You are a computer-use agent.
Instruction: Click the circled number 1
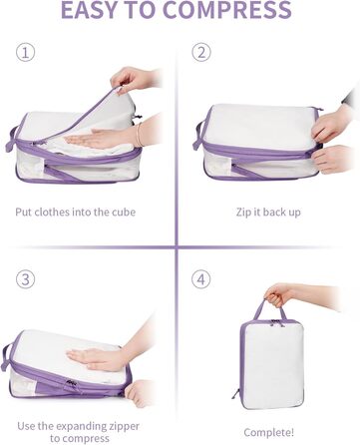click(x=26, y=53)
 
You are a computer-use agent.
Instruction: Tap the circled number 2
click(x=201, y=52)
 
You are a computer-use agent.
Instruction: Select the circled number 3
click(x=26, y=279)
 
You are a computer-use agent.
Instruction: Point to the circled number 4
click(x=201, y=279)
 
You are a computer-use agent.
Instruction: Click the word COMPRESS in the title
click(x=227, y=10)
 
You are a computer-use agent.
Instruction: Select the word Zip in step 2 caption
click(x=243, y=213)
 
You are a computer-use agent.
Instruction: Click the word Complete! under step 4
click(x=268, y=433)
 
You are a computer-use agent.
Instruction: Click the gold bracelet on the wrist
click(x=139, y=135)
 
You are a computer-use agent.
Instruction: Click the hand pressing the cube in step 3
click(x=100, y=359)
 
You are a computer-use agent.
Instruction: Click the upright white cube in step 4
click(x=272, y=363)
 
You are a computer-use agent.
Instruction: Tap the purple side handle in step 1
click(x=11, y=140)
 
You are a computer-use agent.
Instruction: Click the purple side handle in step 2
click(x=197, y=136)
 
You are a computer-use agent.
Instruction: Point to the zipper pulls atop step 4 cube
click(x=274, y=322)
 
